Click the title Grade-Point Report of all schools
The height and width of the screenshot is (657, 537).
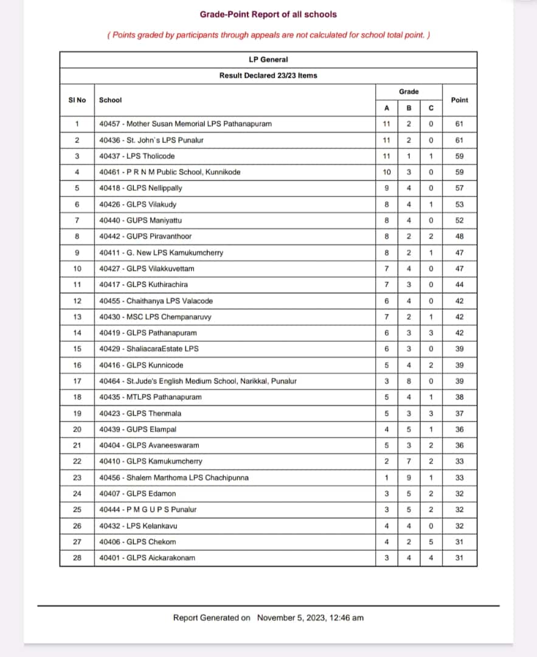point(268,14)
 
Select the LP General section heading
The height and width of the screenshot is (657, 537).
point(268,60)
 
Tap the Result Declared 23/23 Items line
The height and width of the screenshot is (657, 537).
point(268,75)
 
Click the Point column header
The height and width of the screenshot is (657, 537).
point(460,100)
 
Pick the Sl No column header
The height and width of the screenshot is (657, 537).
point(77,100)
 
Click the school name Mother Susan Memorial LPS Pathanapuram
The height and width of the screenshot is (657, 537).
point(185,124)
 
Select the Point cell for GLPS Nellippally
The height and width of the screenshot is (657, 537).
point(459,189)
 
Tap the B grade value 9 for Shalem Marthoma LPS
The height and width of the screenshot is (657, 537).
point(409,478)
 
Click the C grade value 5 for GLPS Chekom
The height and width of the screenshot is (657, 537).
point(431,542)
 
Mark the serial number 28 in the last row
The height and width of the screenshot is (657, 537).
point(77,558)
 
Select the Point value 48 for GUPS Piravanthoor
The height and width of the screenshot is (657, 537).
point(459,237)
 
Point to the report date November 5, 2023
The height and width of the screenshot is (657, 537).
point(310,618)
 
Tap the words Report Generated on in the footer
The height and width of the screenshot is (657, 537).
point(212,618)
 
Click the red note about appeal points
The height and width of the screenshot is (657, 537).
point(268,35)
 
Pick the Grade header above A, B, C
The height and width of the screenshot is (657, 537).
point(409,92)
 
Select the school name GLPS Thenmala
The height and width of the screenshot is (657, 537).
point(140,414)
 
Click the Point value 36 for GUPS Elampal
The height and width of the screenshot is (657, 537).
point(459,429)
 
